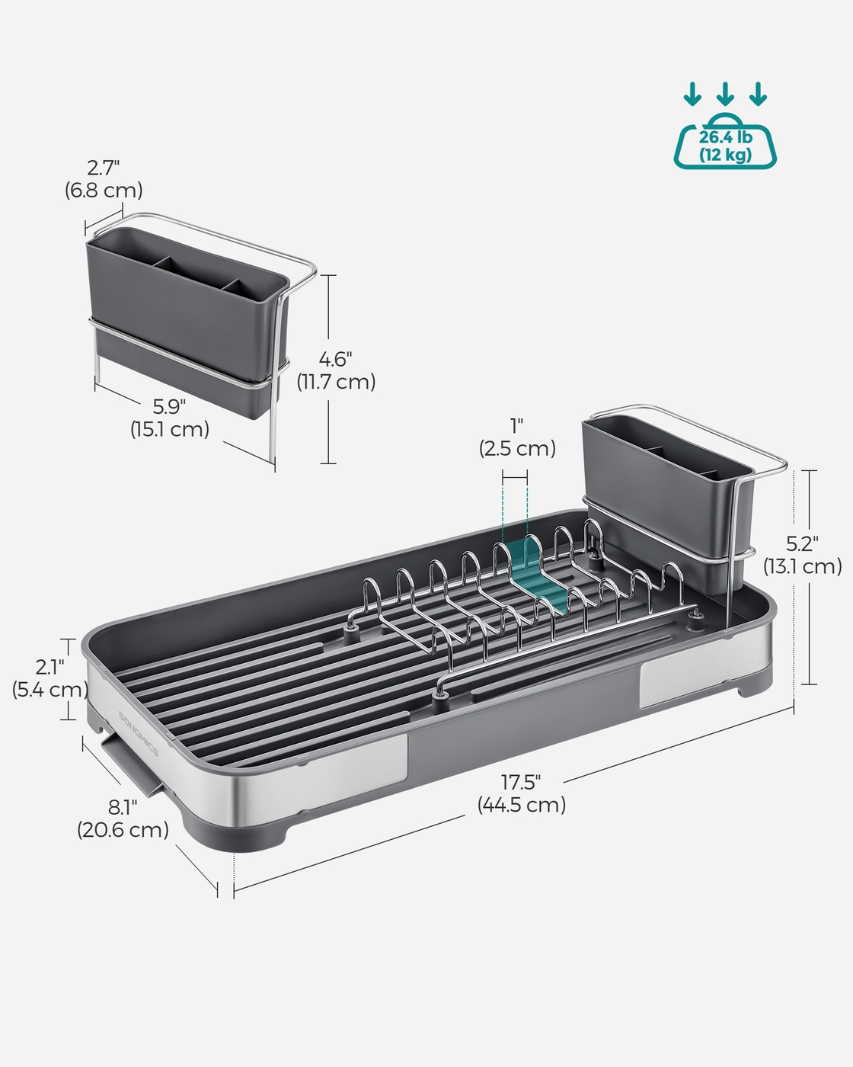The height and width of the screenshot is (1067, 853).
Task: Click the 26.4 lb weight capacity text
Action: [x=725, y=137]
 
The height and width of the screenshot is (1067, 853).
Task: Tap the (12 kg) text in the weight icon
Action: [x=725, y=155]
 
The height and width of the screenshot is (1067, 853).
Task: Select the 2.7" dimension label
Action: [x=104, y=168]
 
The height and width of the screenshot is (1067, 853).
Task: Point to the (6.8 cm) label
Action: [x=104, y=191]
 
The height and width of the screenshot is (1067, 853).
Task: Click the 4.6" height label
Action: [x=336, y=359]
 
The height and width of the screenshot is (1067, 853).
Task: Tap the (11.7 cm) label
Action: [x=336, y=382]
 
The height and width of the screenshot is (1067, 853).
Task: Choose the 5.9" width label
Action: [x=169, y=406]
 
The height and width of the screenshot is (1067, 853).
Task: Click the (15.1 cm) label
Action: [x=170, y=429]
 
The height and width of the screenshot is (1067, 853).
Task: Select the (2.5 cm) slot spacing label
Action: [x=517, y=448]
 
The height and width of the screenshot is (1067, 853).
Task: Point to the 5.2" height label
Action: [x=802, y=544]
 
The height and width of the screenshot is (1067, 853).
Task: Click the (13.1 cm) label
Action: [x=803, y=566]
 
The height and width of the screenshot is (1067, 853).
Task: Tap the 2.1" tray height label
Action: [x=50, y=668]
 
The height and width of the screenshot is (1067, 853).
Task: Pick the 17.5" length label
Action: [x=520, y=783]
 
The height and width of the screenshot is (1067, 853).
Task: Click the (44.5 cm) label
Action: [x=522, y=804]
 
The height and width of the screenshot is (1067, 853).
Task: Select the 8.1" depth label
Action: [x=123, y=807]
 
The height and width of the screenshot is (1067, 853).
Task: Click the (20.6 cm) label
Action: [x=123, y=829]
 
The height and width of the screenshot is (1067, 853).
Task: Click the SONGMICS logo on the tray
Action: [x=139, y=734]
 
